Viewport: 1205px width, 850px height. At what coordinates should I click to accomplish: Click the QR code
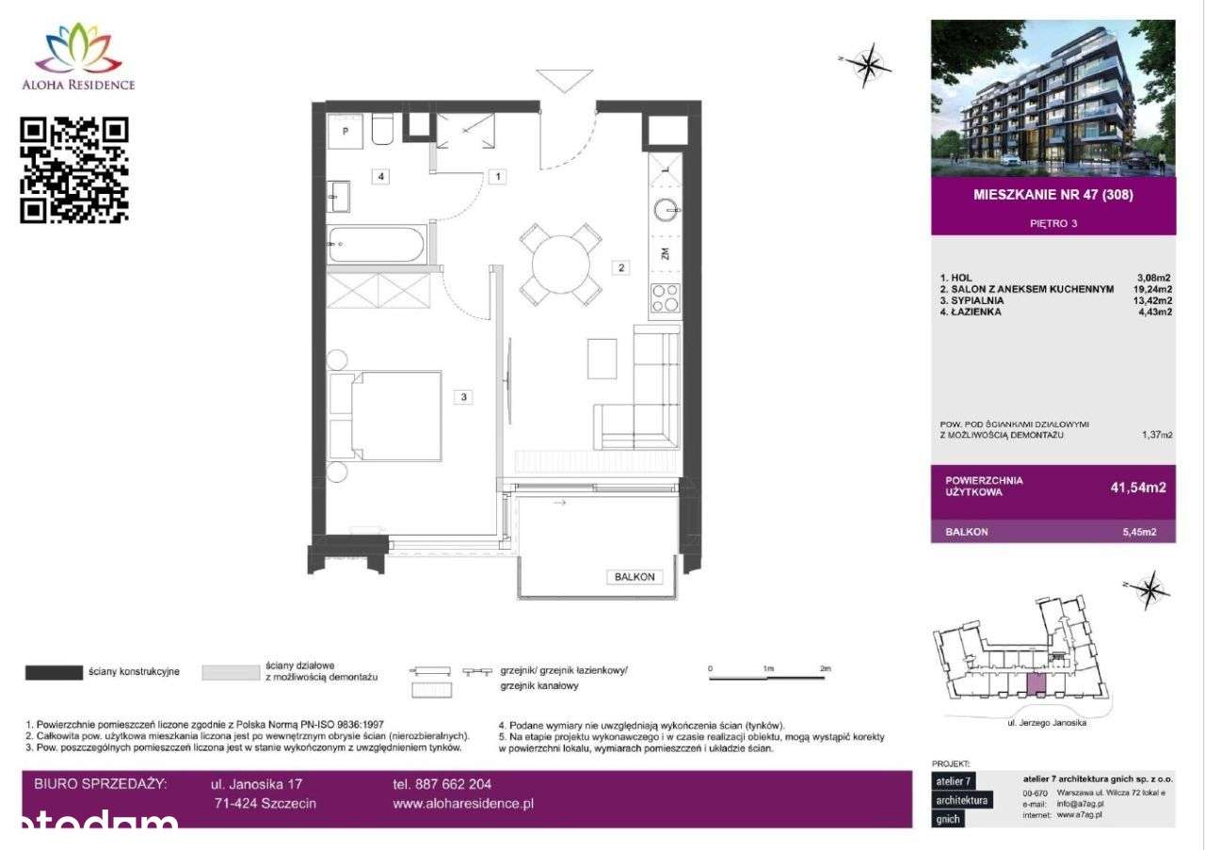[x=73, y=169]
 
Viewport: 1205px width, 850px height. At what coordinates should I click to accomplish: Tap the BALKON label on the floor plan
[x=634, y=577]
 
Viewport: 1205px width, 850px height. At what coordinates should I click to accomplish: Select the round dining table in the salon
[x=561, y=265]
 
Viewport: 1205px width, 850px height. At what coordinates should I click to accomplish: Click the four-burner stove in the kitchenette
[x=666, y=298]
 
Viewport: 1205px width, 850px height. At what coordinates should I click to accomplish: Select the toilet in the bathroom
[x=382, y=130]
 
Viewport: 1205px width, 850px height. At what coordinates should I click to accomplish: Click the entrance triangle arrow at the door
[x=563, y=80]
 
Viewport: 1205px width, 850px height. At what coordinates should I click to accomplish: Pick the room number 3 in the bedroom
[x=464, y=397]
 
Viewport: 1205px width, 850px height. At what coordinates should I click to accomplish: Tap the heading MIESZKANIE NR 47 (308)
[x=1052, y=196]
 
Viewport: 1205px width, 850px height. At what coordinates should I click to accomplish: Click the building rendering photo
[x=1052, y=98]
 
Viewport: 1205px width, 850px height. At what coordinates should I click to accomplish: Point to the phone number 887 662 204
[x=442, y=783]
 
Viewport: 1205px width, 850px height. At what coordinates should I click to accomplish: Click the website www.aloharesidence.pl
[x=463, y=804]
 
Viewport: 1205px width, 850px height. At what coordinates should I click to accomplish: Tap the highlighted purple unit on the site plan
[x=1035, y=684]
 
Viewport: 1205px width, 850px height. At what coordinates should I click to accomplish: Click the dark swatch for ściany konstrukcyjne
[x=54, y=672]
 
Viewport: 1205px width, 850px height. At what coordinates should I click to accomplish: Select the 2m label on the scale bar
[x=826, y=668]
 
